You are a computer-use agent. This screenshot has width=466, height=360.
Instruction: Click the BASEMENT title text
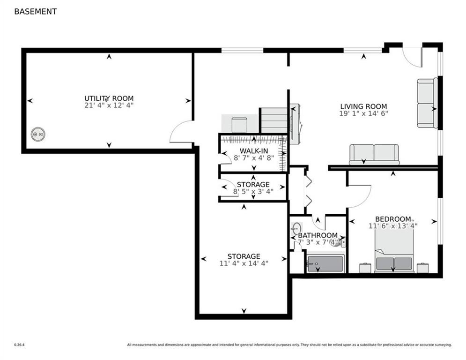point(36,12)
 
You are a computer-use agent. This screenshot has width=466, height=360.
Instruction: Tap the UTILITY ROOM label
point(109,98)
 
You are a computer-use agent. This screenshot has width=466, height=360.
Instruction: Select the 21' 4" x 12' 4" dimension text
point(109,105)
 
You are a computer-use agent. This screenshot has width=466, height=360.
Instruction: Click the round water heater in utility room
point(38,134)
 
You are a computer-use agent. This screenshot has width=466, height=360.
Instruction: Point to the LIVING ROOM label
point(363,106)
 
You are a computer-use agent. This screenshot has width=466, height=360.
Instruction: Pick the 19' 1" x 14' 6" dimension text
point(363,113)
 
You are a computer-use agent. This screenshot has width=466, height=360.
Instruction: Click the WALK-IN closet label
point(254,151)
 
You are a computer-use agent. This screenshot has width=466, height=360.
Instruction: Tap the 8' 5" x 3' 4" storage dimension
point(253,191)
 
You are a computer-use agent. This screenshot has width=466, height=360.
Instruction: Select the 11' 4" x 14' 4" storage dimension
point(244,263)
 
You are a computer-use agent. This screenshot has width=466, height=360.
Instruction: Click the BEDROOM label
point(393,219)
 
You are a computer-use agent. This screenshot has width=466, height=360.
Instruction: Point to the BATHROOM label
point(318,235)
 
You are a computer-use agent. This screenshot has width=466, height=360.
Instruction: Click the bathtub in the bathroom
point(325,263)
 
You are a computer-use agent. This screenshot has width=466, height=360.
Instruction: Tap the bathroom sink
point(296,229)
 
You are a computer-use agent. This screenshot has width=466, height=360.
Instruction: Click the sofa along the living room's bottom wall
point(374,154)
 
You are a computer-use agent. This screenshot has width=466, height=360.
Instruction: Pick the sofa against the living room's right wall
point(428,103)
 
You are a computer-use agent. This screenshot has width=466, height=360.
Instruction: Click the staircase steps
point(274,120)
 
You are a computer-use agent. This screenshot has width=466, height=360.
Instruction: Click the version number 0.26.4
point(19,345)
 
